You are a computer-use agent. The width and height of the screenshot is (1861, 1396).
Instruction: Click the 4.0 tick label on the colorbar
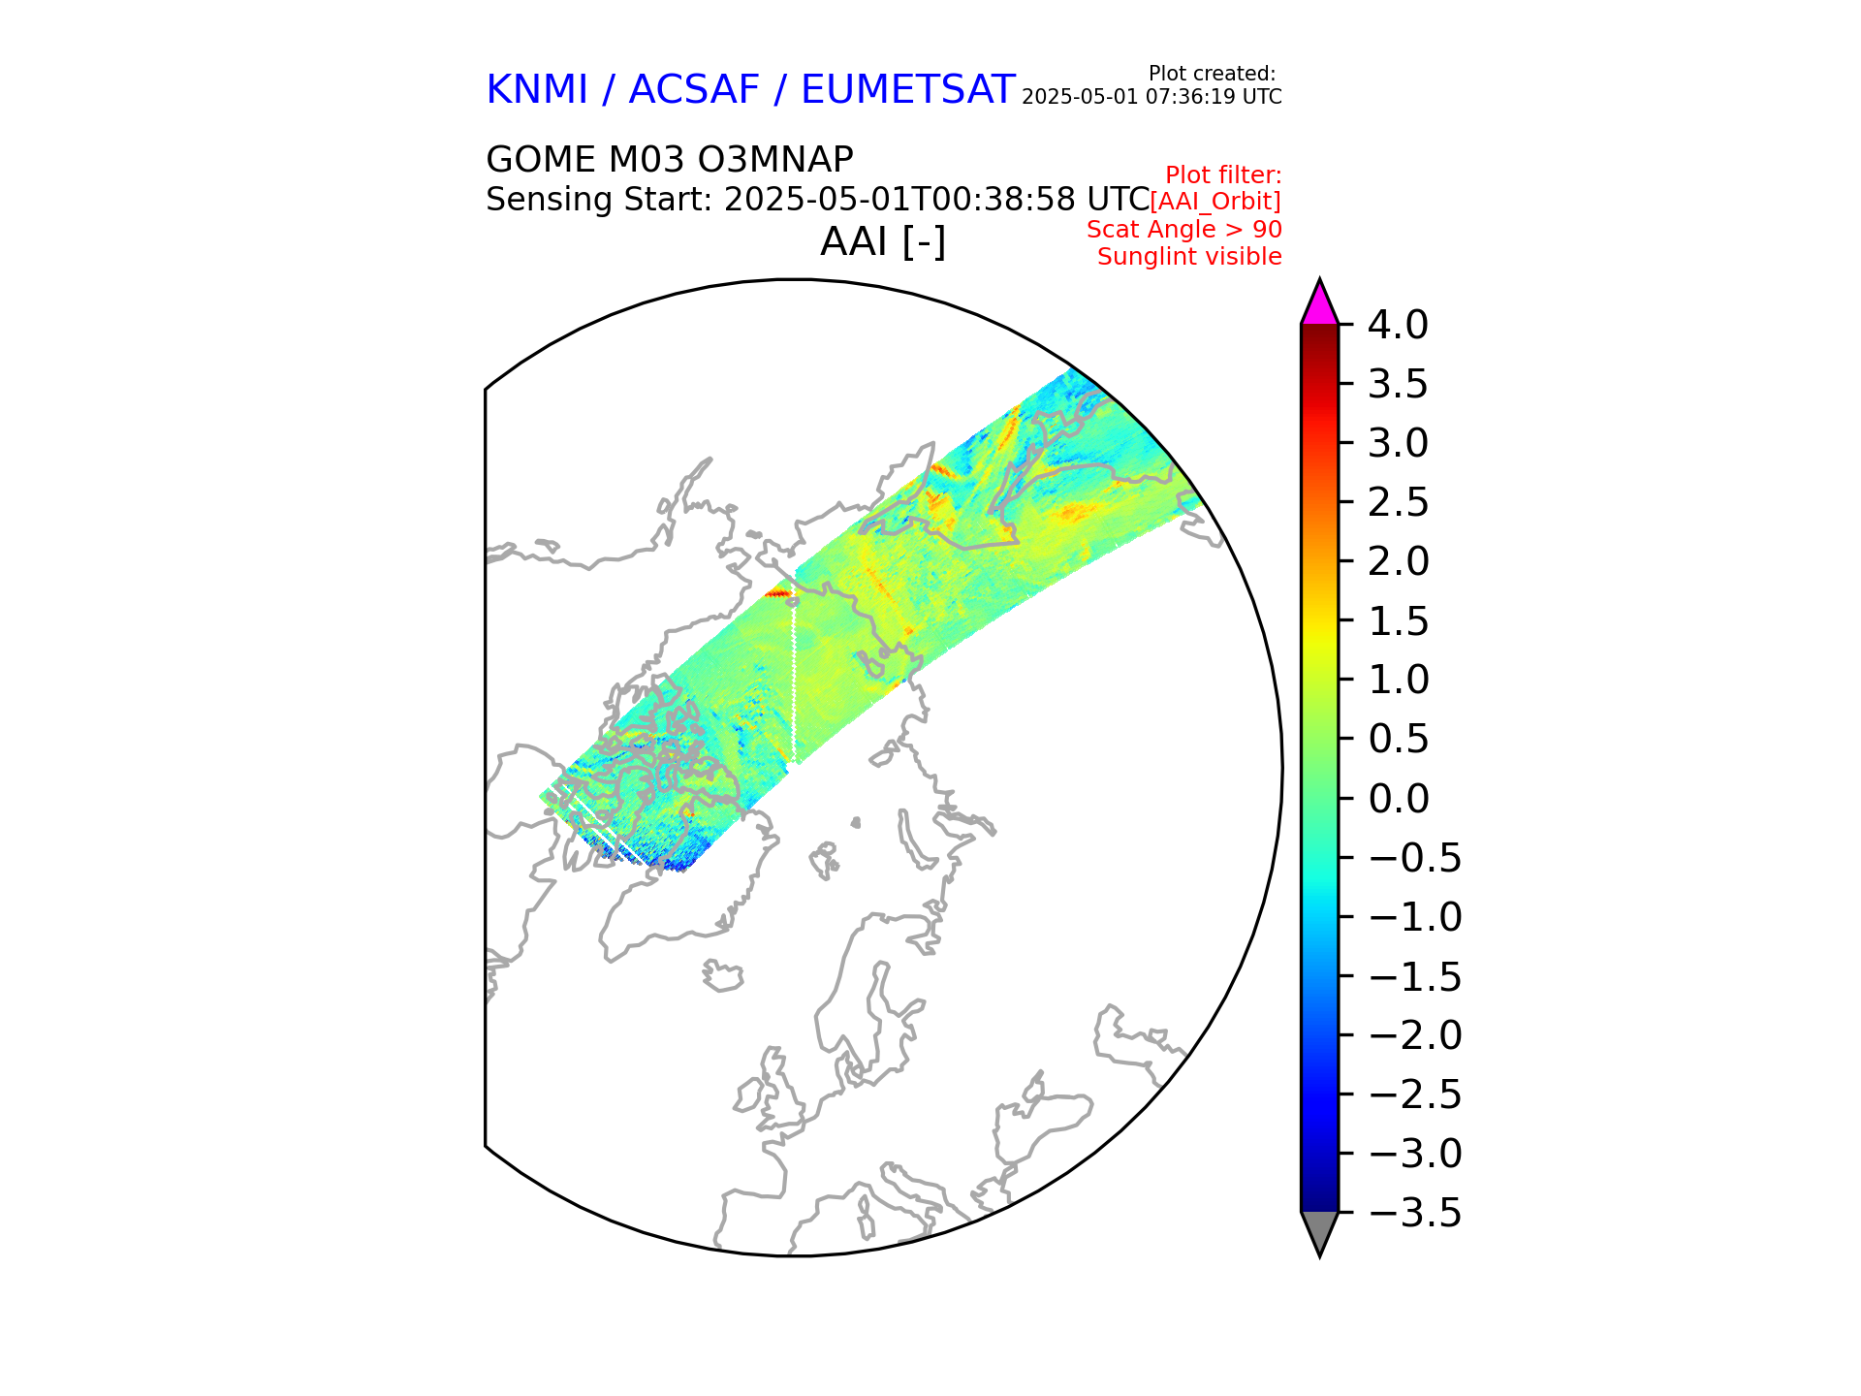[1398, 326]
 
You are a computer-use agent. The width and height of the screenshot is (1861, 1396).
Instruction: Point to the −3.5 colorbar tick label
[1414, 1213]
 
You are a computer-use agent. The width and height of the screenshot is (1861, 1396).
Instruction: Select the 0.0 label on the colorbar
[1398, 799]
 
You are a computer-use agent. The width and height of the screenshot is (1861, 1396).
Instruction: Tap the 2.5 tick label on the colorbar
[1398, 503]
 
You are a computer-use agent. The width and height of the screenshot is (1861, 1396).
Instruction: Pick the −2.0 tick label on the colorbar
[1414, 1035]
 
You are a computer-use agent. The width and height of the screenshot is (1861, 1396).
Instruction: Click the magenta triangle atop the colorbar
[1319, 303]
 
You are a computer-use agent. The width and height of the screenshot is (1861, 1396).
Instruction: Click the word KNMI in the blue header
[537, 90]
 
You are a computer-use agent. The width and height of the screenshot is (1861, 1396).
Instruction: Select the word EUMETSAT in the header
[908, 90]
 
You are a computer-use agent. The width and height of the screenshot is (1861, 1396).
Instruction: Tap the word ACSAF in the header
[694, 90]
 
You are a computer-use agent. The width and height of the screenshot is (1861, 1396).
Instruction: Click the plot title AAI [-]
[883, 241]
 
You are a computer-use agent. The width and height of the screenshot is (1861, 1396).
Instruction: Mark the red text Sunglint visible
[1189, 257]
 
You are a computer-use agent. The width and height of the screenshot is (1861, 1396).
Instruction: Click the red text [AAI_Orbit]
[1215, 202]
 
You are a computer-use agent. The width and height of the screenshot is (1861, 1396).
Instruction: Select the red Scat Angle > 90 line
[1183, 230]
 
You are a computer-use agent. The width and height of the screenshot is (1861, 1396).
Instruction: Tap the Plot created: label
[1212, 74]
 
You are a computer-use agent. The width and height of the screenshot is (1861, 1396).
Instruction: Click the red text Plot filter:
[1223, 175]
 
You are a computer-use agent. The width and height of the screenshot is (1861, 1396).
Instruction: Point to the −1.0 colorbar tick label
[1414, 917]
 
